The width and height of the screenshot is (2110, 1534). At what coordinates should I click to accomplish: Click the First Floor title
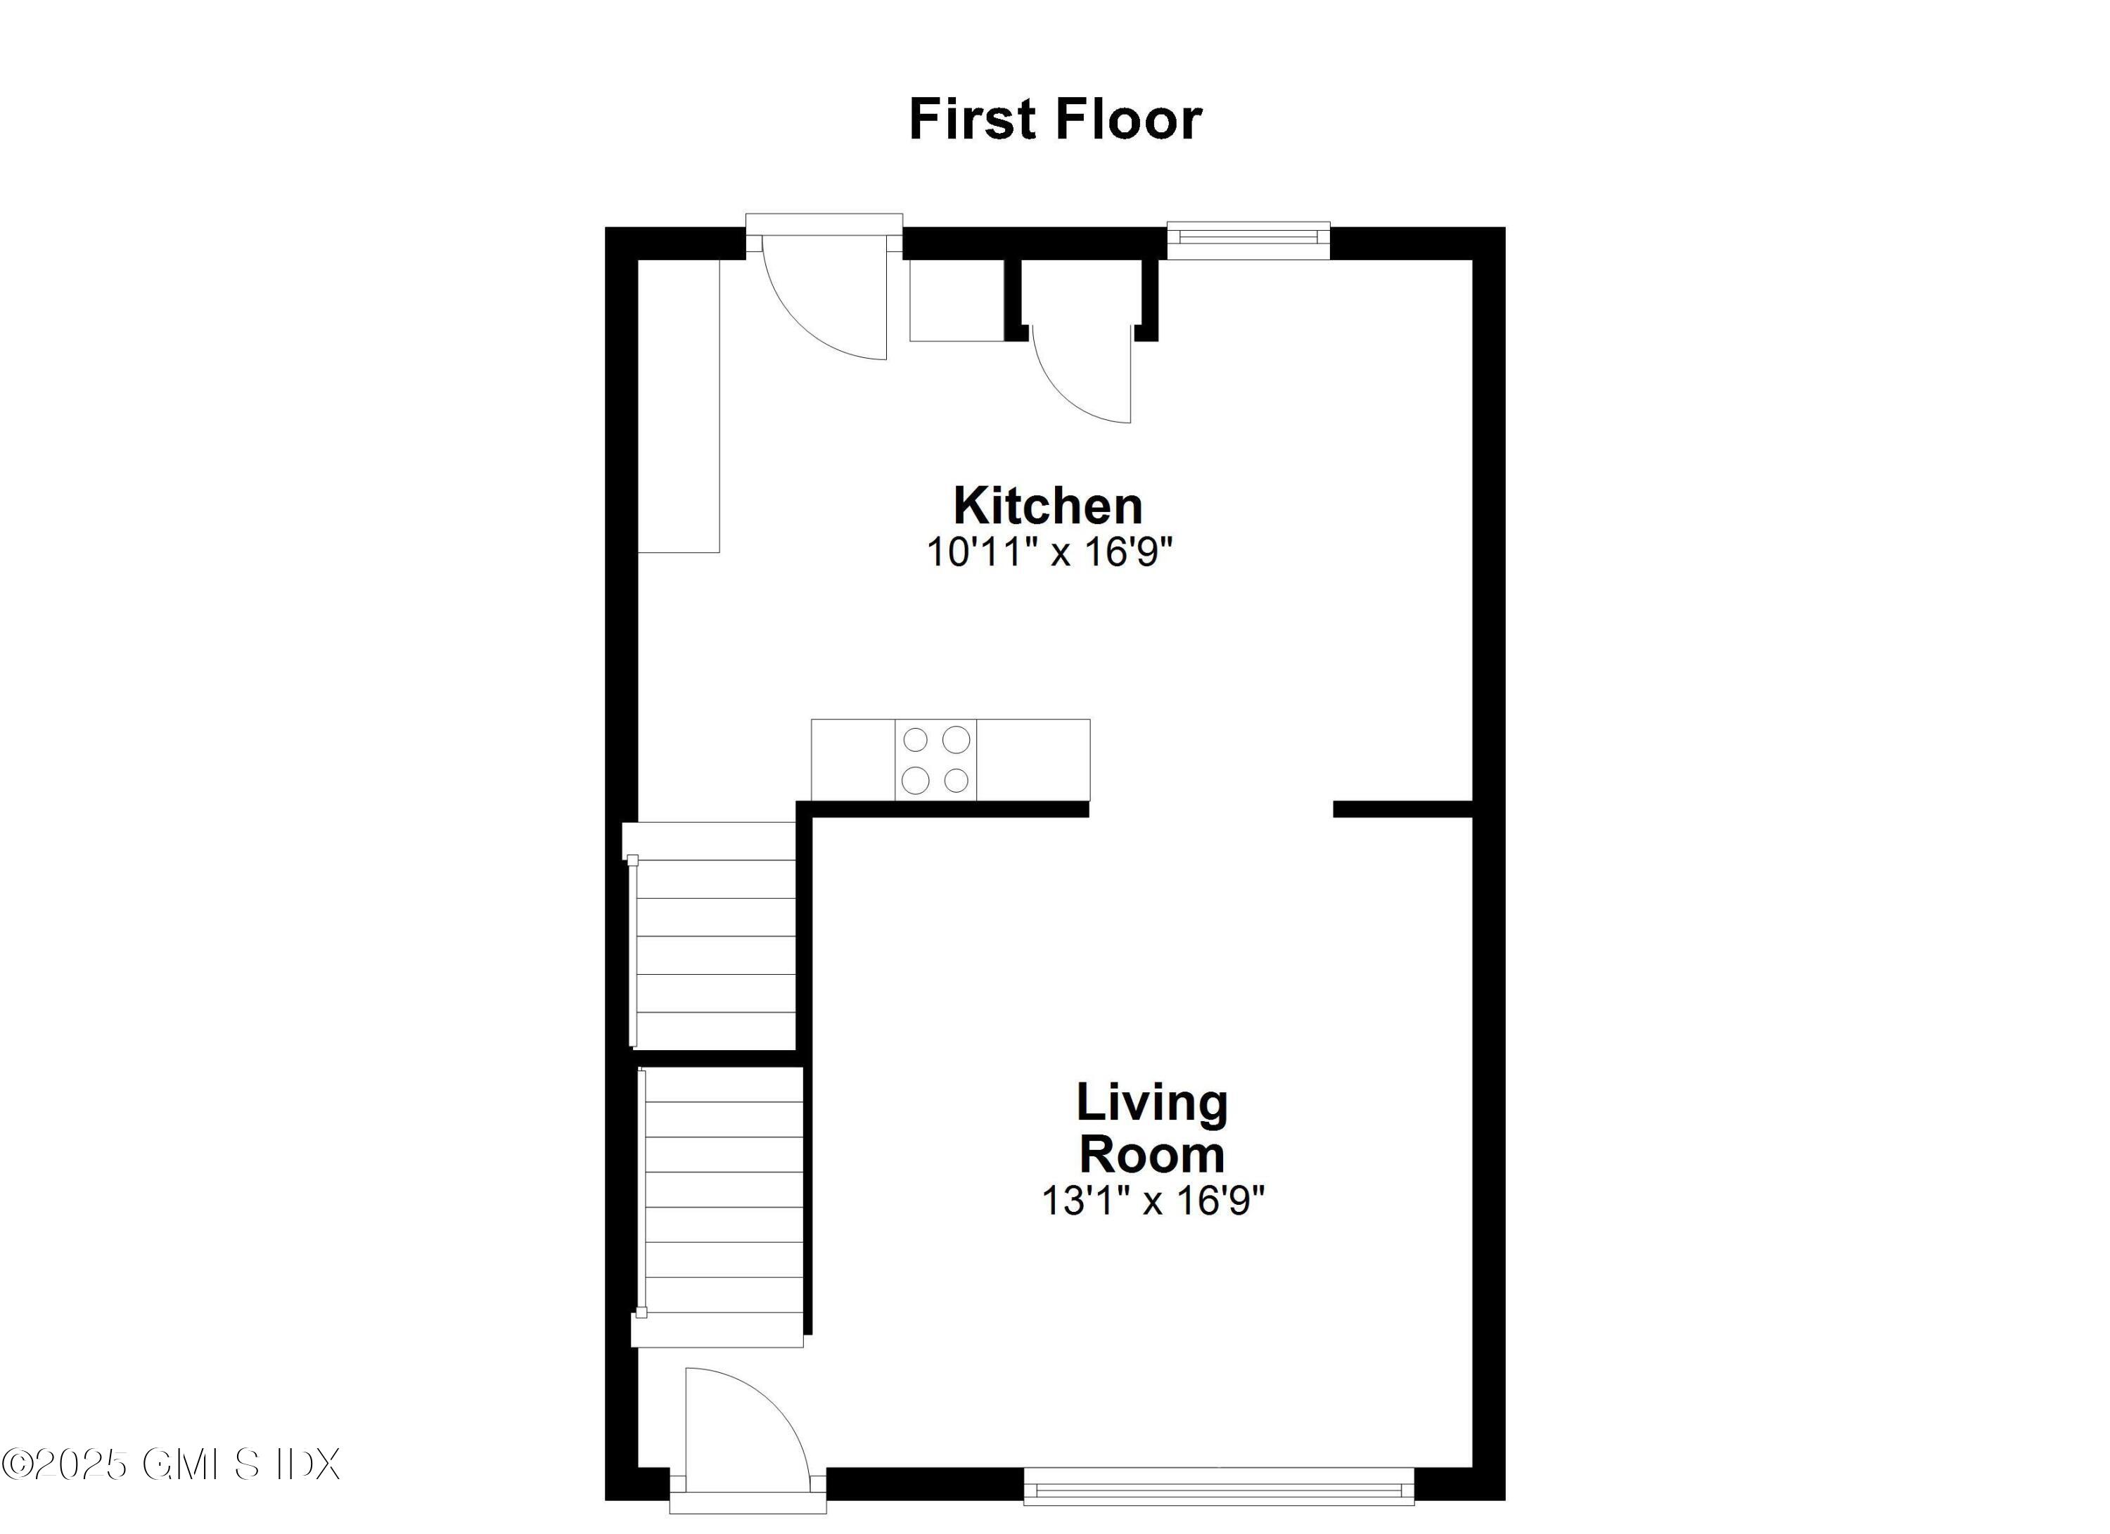pyautogui.click(x=1055, y=120)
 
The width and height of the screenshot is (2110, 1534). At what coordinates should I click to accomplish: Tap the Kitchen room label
pyautogui.click(x=1047, y=506)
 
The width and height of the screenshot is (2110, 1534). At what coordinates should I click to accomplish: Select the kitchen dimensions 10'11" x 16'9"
pyautogui.click(x=1049, y=553)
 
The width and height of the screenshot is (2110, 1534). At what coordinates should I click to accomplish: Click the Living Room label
pyautogui.click(x=1152, y=1127)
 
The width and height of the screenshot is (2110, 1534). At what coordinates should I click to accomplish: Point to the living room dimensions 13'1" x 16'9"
pyautogui.click(x=1153, y=1201)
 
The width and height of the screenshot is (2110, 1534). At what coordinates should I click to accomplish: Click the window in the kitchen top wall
pyautogui.click(x=1248, y=240)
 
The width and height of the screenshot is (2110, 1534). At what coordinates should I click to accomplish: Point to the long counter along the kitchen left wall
pyautogui.click(x=678, y=406)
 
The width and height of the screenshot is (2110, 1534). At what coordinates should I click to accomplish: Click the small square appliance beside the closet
pyautogui.click(x=957, y=300)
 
